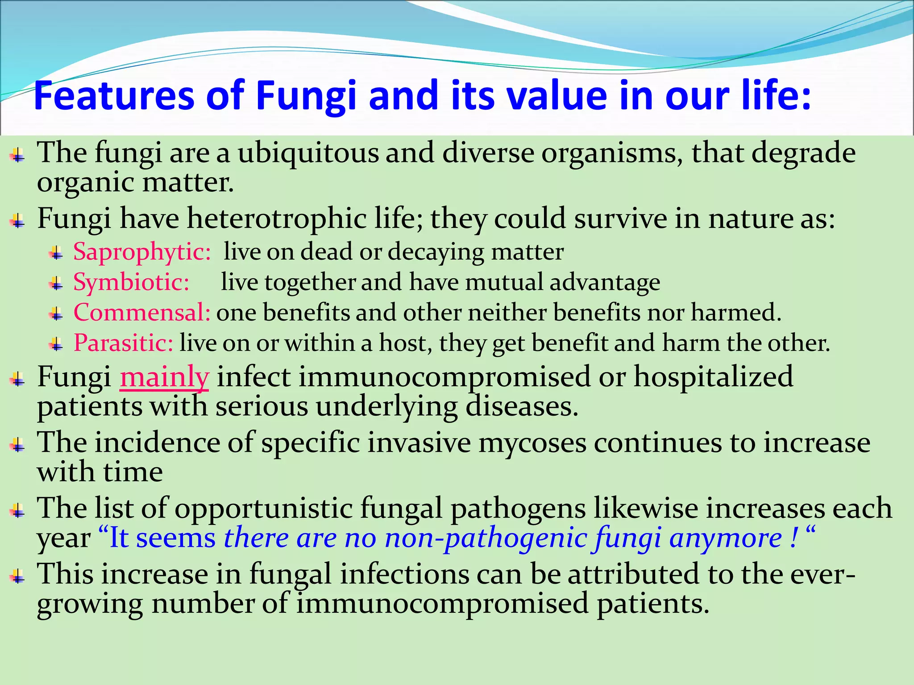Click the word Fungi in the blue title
click(x=306, y=96)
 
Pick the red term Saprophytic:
click(x=141, y=252)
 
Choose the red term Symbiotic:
click(x=131, y=282)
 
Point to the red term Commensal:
click(x=141, y=312)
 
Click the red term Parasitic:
click(x=123, y=343)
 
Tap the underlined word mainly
click(x=164, y=376)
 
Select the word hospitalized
click(x=713, y=376)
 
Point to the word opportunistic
click(x=263, y=508)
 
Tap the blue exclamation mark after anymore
click(x=793, y=538)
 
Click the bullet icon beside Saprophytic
click(x=56, y=254)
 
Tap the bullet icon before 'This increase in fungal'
click(x=17, y=576)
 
